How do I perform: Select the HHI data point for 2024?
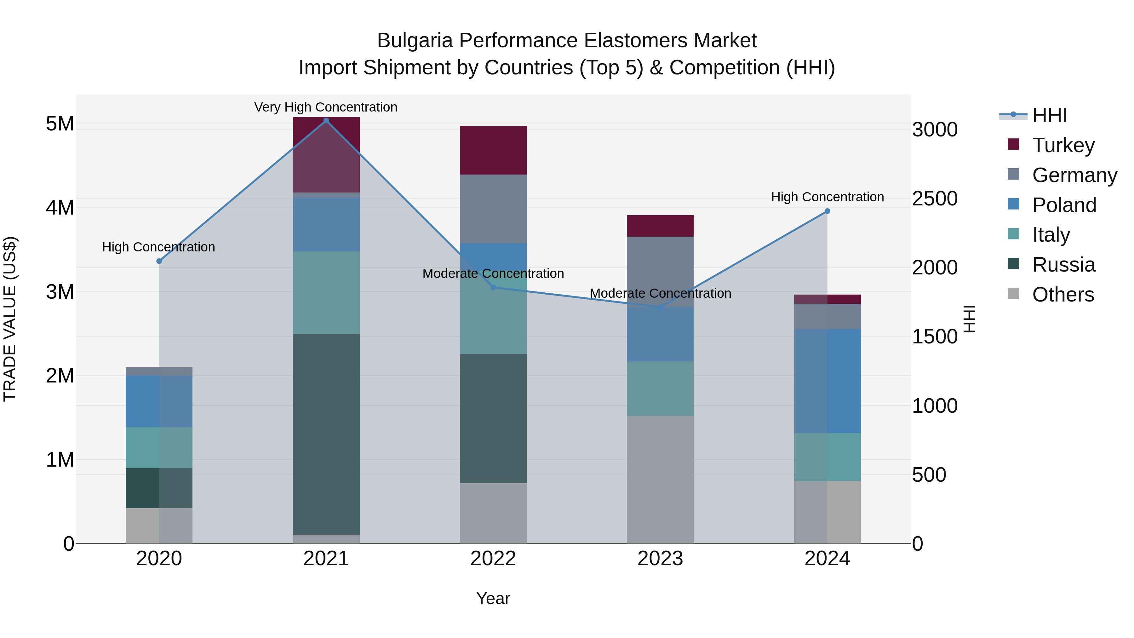tap(827, 211)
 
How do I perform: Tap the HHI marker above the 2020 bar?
tap(159, 261)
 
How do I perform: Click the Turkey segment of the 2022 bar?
tap(493, 150)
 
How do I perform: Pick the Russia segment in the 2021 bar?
tap(326, 434)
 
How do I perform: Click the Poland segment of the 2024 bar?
tap(827, 381)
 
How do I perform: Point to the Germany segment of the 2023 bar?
tap(660, 272)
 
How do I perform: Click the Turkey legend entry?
tap(1063, 145)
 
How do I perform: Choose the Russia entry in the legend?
tap(1063, 265)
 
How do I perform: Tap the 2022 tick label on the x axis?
tap(493, 559)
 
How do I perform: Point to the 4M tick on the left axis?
tap(60, 207)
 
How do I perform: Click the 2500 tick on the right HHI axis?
tap(934, 198)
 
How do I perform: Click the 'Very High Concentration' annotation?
tap(326, 107)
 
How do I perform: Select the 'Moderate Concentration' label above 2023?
tap(660, 293)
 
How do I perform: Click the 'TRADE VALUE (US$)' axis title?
tap(10, 319)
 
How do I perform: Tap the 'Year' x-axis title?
tap(493, 598)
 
